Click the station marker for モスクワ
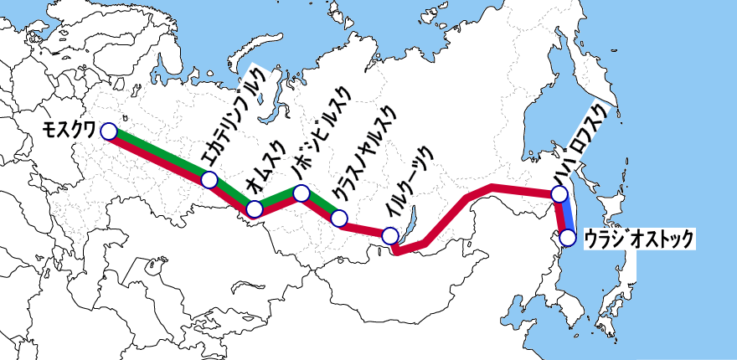coord(108,131)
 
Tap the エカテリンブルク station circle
coord(209,180)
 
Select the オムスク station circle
coord(256,209)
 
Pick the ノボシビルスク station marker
coord(302,194)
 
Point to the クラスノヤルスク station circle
coord(338,219)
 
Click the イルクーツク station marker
coord(389,236)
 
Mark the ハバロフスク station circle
coord(559,194)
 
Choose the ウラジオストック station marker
coord(568,238)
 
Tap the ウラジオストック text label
coord(639,238)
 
